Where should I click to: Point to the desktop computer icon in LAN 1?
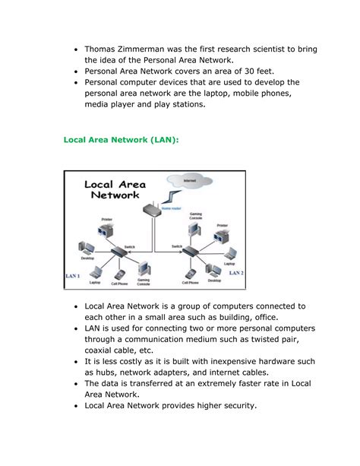[87, 249]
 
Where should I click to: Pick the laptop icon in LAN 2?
[229, 255]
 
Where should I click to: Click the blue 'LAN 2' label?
[236, 272]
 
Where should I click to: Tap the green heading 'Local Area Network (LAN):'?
[122, 140]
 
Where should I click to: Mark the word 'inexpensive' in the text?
[223, 362]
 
